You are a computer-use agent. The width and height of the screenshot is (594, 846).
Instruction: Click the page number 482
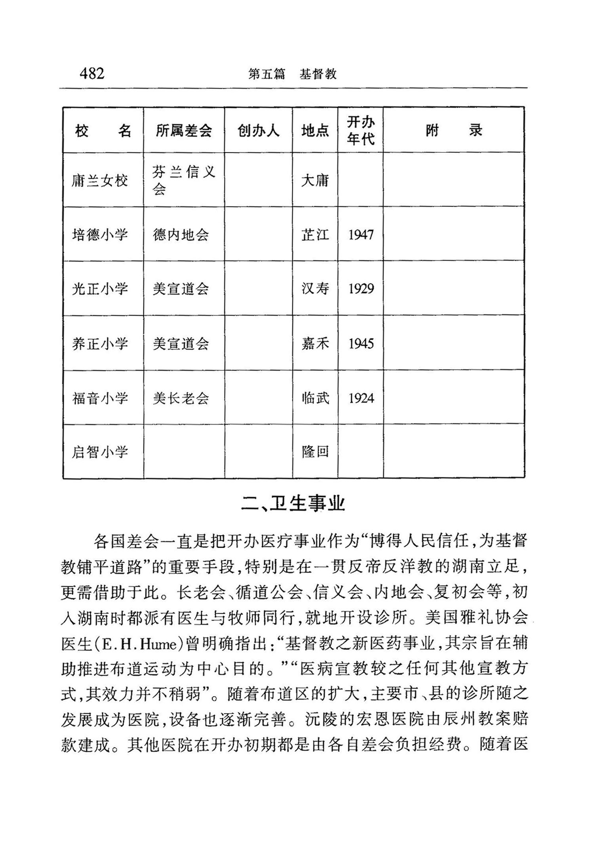click(92, 74)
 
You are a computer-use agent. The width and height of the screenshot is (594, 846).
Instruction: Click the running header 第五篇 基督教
click(292, 74)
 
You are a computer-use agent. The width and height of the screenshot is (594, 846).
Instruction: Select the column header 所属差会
click(184, 130)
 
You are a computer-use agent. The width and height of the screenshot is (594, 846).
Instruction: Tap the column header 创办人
click(258, 130)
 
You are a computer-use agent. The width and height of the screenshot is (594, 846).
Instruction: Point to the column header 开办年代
click(360, 130)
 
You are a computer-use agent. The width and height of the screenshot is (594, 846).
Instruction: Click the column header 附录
click(454, 130)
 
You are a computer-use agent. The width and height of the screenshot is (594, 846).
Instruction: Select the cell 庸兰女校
click(100, 181)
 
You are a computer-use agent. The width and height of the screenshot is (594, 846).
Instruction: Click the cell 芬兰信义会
click(184, 180)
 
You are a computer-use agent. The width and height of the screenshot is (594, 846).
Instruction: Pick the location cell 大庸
click(315, 181)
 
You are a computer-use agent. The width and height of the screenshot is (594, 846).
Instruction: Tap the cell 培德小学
click(100, 235)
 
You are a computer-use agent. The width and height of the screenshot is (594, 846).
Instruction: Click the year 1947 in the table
click(361, 235)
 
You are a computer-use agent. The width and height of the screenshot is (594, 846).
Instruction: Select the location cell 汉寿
click(315, 289)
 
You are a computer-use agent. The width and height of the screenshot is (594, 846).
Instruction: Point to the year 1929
click(361, 289)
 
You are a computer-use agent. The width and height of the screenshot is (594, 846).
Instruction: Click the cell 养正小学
click(100, 343)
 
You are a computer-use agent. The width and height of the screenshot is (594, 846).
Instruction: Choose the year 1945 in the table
click(361, 343)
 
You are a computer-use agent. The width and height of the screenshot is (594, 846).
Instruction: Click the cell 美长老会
click(181, 398)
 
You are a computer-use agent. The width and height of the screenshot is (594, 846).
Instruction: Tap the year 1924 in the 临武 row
click(361, 398)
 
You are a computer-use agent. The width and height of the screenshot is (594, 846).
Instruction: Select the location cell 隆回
click(315, 452)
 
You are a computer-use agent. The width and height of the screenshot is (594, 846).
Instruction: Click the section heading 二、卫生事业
click(293, 504)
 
